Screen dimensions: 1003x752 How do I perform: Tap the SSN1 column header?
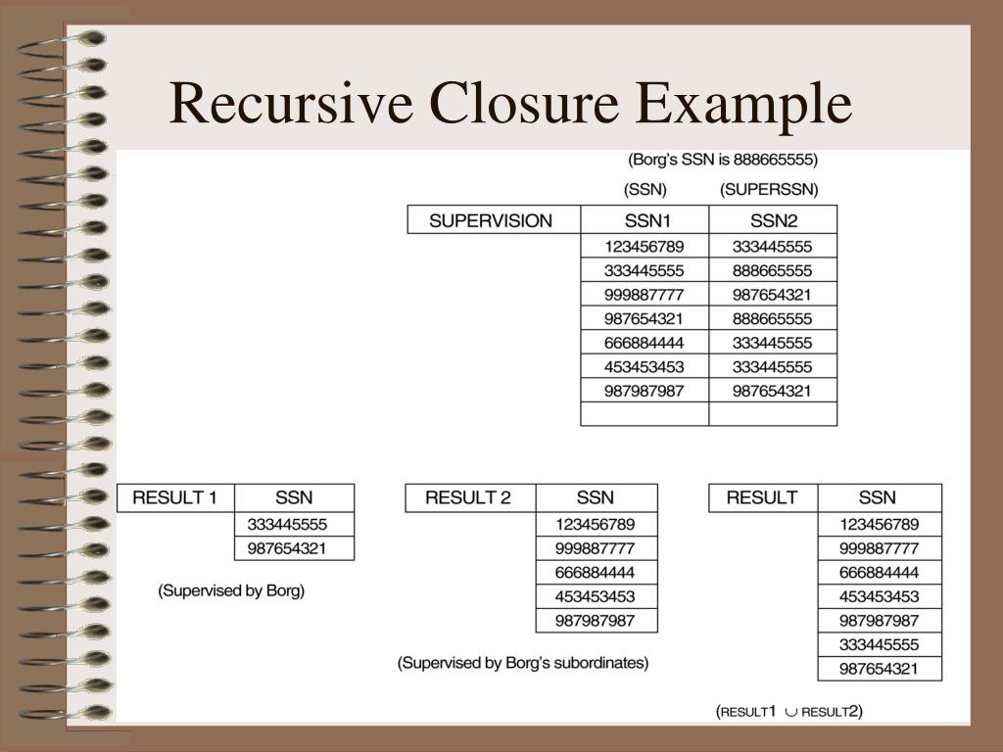point(645,220)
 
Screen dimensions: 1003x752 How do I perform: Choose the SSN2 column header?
point(773,220)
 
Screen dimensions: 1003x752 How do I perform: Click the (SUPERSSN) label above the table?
point(769,188)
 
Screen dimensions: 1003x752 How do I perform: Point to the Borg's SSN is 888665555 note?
point(722,159)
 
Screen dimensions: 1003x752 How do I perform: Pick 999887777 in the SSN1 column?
point(645,295)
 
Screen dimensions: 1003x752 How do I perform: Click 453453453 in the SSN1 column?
point(645,367)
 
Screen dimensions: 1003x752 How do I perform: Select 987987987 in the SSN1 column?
point(645,391)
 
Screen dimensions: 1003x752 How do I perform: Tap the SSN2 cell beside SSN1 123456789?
point(773,247)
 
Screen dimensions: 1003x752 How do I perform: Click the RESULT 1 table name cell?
point(175,497)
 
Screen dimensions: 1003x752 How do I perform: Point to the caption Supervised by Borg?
point(231,591)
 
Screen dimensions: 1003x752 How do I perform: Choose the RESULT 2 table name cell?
point(468,497)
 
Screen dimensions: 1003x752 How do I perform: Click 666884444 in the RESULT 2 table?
point(595,573)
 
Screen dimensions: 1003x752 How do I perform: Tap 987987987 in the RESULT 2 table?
point(595,621)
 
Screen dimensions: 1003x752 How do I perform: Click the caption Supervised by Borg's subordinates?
point(523,663)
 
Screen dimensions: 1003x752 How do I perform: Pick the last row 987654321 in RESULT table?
point(880,669)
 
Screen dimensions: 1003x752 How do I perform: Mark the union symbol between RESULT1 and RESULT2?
point(791,712)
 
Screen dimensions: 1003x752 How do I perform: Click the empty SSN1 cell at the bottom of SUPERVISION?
point(645,414)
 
